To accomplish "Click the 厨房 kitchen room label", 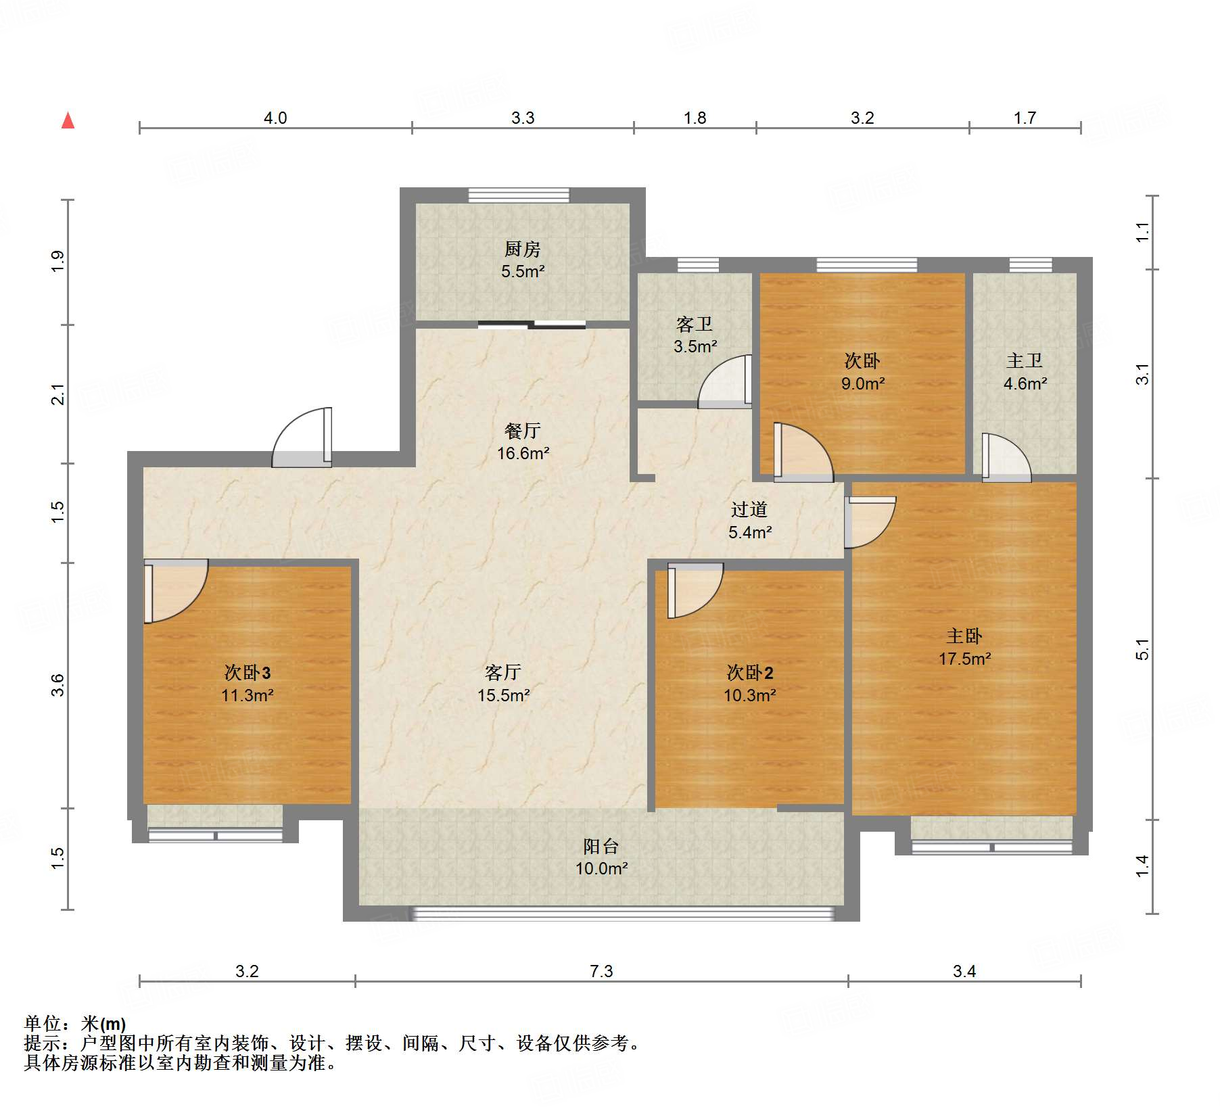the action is [522, 249].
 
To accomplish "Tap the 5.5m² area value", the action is [523, 271].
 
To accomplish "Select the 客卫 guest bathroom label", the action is [695, 325].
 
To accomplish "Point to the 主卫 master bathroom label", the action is [1025, 361].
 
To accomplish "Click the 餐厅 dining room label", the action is [523, 431].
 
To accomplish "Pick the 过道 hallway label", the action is [749, 509].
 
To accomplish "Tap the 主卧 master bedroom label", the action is [964, 636].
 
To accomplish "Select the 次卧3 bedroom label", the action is [248, 672].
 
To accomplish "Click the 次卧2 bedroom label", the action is [750, 672].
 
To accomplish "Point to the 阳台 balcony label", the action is [601, 846].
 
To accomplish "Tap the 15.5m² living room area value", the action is [504, 695].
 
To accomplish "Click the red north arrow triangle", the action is [68, 120].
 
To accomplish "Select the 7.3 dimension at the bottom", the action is [601, 972].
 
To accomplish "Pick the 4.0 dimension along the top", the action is [275, 118].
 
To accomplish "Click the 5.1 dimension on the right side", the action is [1142, 649].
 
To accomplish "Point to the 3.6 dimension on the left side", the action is [58, 685].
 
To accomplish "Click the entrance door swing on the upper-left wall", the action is [302, 438].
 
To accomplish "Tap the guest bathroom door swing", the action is [725, 381].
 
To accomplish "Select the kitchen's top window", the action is [519, 195].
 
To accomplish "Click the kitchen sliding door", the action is [532, 325].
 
